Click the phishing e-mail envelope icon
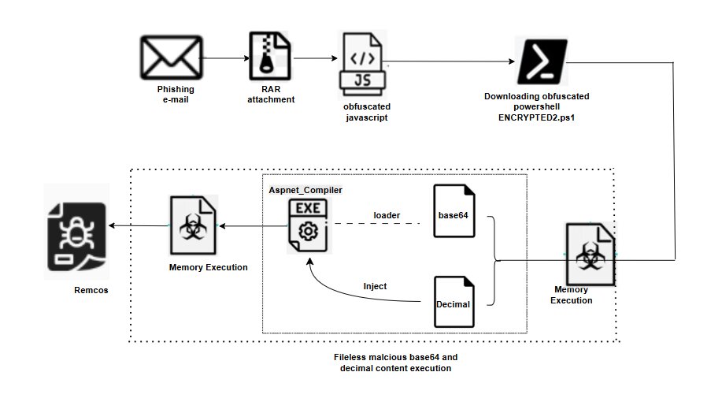pos(171,58)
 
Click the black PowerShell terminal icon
pos(542,61)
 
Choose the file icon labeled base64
pos(455,212)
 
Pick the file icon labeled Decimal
pos(455,302)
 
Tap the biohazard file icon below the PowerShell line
pos(590,254)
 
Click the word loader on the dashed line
pos(386,214)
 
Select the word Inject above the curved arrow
pos(375,286)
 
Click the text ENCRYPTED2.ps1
pos(536,118)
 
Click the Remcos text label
pos(88,290)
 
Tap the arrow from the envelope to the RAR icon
pos(225,58)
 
